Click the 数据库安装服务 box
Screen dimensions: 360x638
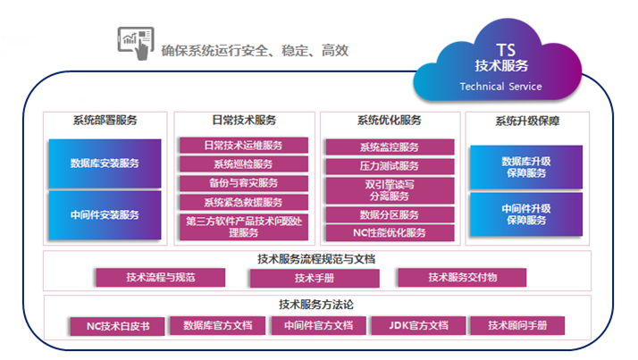click(105, 163)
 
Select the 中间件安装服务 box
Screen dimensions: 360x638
click(105, 214)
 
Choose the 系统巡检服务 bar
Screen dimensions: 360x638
click(243, 164)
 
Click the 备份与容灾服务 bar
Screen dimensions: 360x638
click(243, 183)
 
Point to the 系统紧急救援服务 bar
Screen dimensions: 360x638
click(243, 203)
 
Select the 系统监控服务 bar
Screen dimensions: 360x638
click(389, 147)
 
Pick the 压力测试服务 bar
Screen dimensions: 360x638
click(389, 166)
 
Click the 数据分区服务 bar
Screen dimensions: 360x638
click(389, 214)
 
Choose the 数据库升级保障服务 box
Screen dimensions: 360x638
click(525, 167)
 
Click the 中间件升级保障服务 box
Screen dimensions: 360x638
click(525, 214)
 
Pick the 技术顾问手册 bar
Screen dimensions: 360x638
click(518, 325)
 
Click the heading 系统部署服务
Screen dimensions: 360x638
click(105, 121)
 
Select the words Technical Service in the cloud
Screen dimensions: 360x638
click(500, 87)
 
